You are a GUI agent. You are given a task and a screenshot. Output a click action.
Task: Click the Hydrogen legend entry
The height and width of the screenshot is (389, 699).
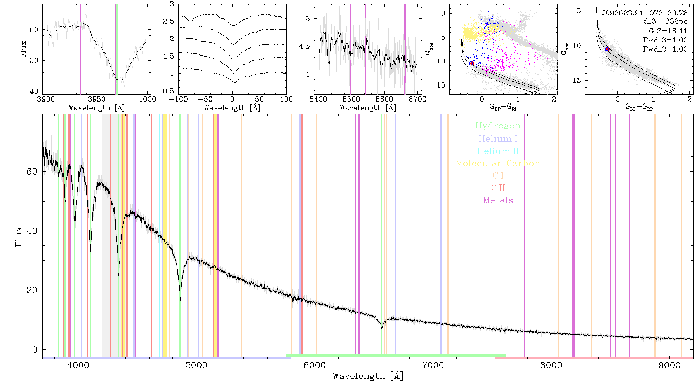tap(498, 126)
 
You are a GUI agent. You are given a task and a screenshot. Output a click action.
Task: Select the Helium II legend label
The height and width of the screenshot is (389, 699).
tap(498, 151)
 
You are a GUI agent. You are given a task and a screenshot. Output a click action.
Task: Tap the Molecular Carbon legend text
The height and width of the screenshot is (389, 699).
tap(498, 163)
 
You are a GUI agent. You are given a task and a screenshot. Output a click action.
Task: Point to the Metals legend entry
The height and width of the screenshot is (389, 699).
tap(498, 200)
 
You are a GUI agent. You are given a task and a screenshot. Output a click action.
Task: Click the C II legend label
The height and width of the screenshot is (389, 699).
tap(498, 188)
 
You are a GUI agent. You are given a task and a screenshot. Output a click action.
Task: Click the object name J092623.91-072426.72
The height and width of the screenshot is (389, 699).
tap(645, 13)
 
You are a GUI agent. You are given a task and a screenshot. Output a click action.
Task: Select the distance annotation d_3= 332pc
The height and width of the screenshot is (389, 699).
tap(665, 21)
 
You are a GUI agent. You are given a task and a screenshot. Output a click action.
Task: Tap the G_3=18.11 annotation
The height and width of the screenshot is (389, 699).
tap(668, 31)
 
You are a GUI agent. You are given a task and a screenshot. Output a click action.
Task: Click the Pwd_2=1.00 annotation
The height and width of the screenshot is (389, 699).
tap(665, 49)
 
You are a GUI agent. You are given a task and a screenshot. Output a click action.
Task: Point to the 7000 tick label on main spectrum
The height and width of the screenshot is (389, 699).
tap(433, 365)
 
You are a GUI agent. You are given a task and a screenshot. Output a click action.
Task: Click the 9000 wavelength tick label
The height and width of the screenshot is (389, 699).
tap(669, 365)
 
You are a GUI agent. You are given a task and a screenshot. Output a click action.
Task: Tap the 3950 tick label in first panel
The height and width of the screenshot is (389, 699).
tap(96, 99)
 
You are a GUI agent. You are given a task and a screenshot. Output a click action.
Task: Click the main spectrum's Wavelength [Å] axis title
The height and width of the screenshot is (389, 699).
tap(368, 376)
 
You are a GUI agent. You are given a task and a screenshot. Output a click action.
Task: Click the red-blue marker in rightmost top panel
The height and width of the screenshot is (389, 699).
tap(607, 49)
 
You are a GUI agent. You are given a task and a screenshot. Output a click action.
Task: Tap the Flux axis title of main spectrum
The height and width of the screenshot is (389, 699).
tap(18, 237)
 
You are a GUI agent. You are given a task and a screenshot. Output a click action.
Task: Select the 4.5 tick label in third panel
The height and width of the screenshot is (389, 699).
tap(304, 46)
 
